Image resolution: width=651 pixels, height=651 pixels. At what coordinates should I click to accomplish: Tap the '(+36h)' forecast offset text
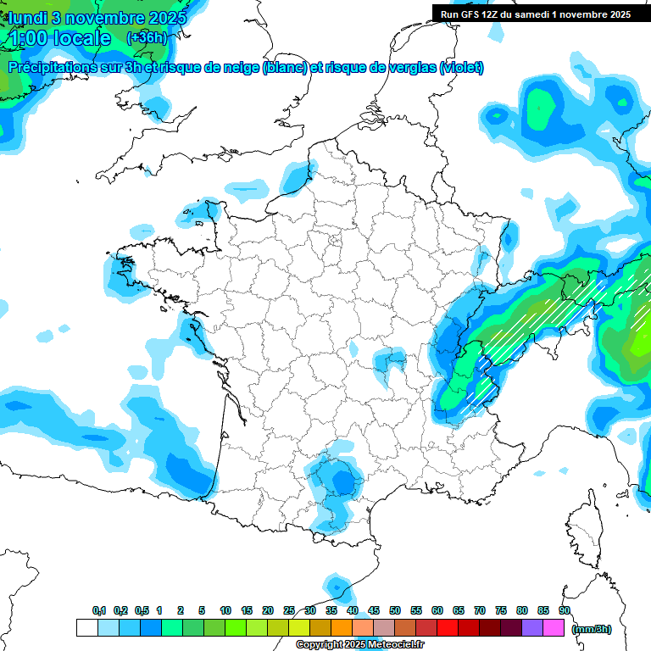(146, 37)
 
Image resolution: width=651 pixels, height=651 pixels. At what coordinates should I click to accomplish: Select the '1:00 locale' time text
(58, 38)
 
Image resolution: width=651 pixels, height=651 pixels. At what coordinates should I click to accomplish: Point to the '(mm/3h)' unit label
(592, 628)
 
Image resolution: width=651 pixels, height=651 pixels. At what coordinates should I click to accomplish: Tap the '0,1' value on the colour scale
(98, 610)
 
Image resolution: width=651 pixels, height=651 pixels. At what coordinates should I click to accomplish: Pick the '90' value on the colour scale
(565, 610)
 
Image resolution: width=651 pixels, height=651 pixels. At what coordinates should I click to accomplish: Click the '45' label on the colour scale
(374, 610)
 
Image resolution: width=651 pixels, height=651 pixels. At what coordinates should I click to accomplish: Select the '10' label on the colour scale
(225, 610)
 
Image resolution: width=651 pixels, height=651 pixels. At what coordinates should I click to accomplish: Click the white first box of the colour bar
(86, 627)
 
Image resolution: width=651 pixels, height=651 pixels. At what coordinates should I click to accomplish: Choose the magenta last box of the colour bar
(554, 627)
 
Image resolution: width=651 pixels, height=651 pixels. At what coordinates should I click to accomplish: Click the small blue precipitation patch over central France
(391, 359)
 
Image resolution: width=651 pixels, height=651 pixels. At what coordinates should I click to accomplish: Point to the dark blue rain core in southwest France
(342, 482)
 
